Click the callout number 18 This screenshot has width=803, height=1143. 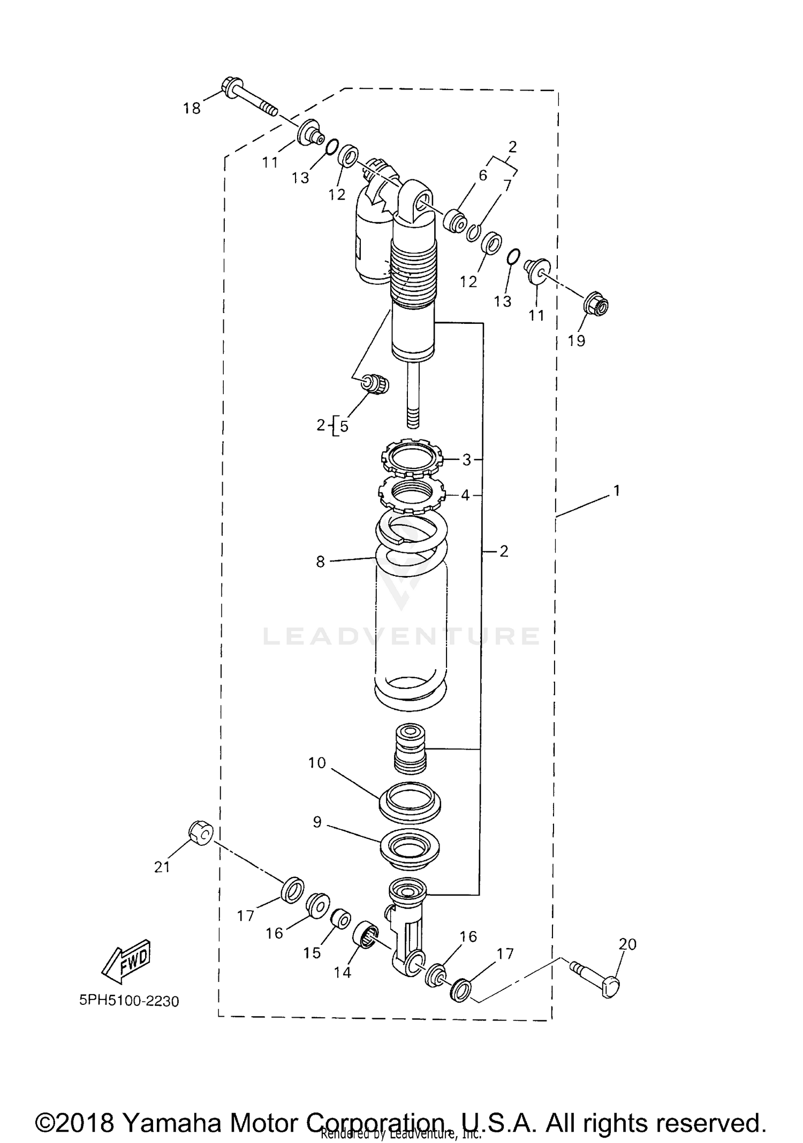pos(191,109)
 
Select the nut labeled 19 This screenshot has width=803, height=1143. pos(596,306)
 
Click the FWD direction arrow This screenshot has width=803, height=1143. pos(126,960)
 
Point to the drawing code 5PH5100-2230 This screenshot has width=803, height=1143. pos(129,1000)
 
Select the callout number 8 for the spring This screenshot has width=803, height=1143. pos(320,562)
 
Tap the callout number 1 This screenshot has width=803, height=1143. pos(616,490)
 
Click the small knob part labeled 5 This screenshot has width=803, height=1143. pos(376,384)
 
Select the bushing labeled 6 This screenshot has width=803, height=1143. pos(454,222)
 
